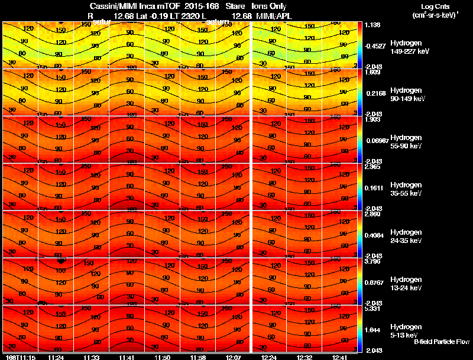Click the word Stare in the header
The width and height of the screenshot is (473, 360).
pos(235,7)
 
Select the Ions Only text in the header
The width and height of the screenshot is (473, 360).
pos(269,7)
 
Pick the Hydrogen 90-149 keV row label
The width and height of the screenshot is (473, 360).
pos(409,95)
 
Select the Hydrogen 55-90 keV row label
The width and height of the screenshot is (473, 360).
pos(409,142)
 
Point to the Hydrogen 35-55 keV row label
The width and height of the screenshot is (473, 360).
pos(409,189)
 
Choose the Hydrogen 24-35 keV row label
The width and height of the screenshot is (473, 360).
pos(409,236)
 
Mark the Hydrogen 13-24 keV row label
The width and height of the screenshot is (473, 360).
pos(409,284)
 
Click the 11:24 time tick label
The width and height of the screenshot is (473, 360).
pos(56,357)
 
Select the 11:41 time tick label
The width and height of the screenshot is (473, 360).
pos(127,357)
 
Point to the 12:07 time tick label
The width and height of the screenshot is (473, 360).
pos(232,357)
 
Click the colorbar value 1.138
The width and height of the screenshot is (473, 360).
pos(372,25)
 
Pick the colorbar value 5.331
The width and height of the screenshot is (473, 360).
pos(372,309)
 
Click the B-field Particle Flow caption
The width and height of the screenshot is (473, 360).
pos(441,342)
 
